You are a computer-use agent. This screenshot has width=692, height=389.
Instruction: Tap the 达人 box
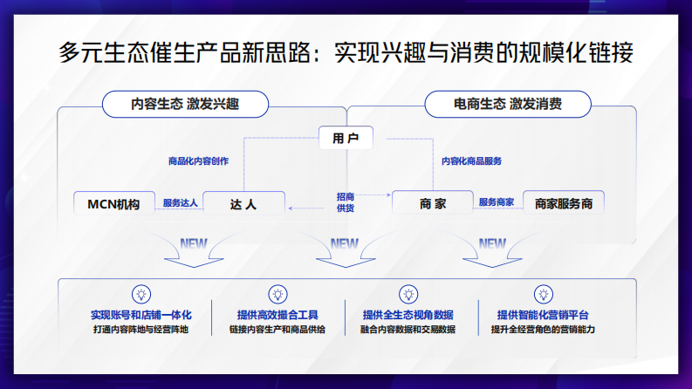(243, 204)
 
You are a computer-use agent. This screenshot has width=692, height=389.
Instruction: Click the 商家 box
(433, 204)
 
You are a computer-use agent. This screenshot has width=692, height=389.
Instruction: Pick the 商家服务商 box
(564, 204)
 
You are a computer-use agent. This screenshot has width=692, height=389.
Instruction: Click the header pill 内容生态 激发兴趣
(184, 104)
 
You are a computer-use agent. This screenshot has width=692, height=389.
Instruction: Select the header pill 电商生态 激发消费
(507, 104)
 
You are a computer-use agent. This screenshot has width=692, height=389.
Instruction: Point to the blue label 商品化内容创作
(198, 160)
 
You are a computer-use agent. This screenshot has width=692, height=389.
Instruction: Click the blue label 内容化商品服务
(471, 160)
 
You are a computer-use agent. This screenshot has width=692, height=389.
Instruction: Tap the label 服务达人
(180, 203)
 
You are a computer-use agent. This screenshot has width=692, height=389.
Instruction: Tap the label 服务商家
(496, 203)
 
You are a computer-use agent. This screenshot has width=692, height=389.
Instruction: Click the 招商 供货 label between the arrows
(346, 203)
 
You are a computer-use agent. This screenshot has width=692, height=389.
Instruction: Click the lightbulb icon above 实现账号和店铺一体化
(140, 294)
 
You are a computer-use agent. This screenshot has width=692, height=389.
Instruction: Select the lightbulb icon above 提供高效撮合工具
(277, 294)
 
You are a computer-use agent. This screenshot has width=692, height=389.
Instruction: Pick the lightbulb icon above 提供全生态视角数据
(408, 294)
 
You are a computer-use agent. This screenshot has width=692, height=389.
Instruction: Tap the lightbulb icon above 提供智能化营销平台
(543, 294)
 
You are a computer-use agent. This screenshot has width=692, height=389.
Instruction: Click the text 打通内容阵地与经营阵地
(140, 330)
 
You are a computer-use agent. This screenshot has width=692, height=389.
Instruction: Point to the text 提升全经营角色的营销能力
(543, 330)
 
